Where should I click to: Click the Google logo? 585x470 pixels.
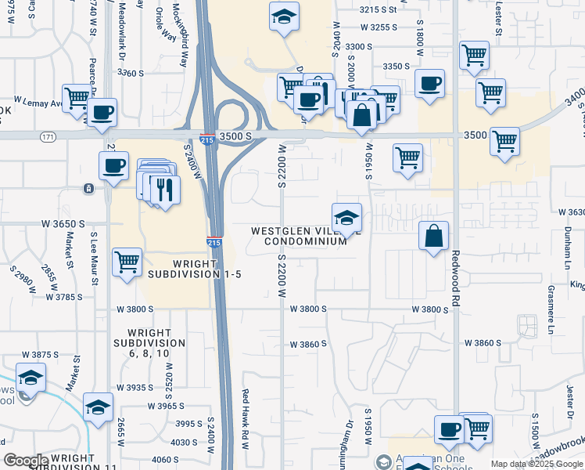(25, 461)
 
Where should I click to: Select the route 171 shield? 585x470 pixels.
(48, 136)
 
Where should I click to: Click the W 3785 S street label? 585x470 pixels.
(65, 297)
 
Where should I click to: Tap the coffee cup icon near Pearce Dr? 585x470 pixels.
(101, 112)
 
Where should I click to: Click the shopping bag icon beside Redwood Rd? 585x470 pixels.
(434, 236)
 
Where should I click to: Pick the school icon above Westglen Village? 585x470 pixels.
(346, 216)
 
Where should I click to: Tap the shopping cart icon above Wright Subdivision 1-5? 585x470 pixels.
(127, 262)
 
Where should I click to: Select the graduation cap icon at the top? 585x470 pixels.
(284, 16)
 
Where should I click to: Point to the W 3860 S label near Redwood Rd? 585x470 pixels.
(482, 343)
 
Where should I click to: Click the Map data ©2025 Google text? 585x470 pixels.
(537, 464)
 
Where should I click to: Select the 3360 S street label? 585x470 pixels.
(131, 73)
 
